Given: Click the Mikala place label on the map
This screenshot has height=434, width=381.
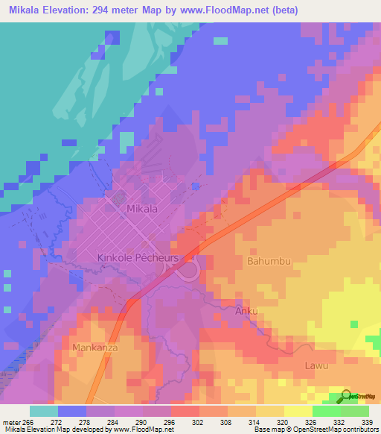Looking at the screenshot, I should coord(142,210).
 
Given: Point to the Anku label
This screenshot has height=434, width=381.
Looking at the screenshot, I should coord(246,310).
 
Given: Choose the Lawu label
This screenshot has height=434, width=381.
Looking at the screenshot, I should coord(316,365).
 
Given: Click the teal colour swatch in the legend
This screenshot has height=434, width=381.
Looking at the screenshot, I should coord(44,411).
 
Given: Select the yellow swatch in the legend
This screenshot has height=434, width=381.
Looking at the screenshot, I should coord(298,411).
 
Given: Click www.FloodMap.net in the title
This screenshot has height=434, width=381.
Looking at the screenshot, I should coord(260,10).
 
